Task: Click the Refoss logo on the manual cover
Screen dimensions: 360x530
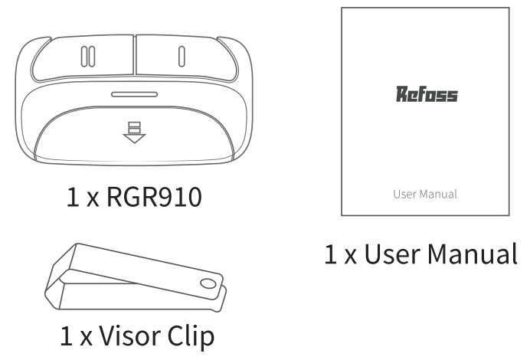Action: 426,95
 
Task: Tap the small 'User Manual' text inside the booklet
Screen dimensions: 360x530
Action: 425,194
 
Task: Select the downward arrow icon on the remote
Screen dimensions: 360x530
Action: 134,133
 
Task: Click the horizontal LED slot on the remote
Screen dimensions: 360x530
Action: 134,95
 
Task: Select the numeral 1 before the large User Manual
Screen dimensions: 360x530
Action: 331,253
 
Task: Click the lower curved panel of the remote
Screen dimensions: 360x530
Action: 134,138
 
